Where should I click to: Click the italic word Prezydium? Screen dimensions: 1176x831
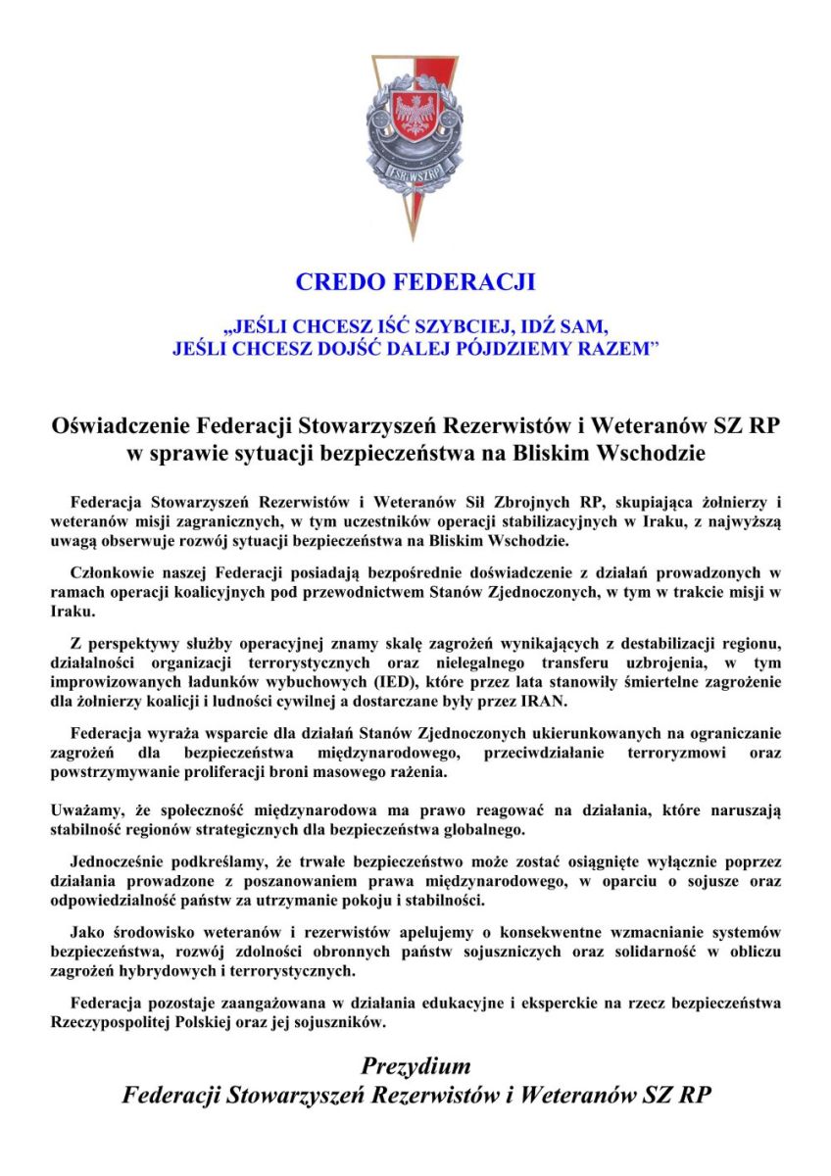pos(415,1066)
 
